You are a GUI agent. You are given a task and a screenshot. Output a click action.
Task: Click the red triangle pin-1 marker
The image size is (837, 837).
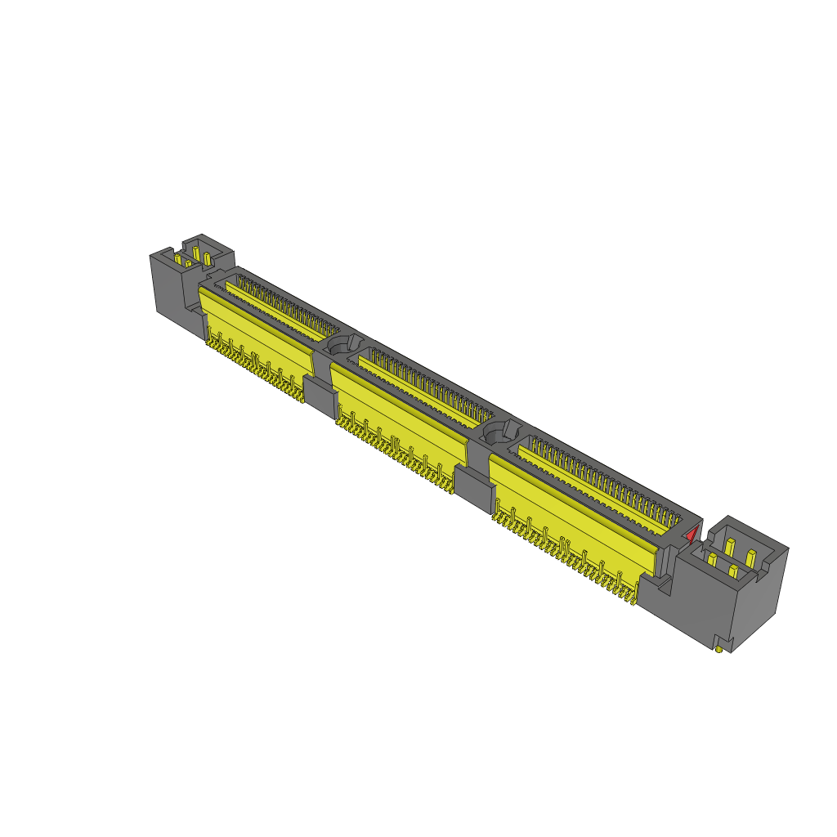coord(692,535)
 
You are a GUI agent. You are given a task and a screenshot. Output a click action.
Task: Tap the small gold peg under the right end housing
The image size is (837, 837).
coord(718,650)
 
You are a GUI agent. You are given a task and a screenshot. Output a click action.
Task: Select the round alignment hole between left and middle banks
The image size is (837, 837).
coord(343,344)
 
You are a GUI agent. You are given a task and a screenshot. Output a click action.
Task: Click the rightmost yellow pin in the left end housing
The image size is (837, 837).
coord(207,258)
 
